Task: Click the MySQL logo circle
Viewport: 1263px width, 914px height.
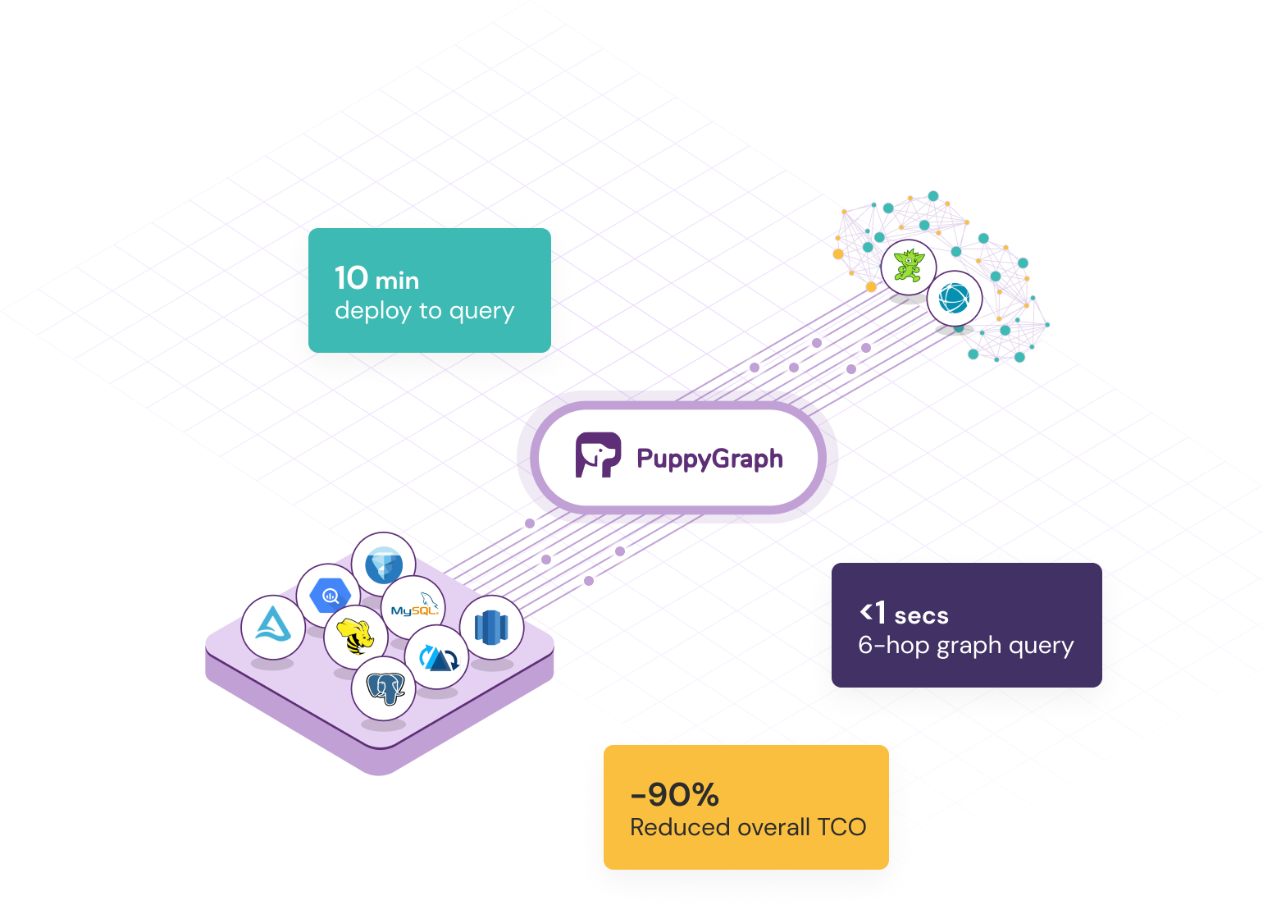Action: click(414, 608)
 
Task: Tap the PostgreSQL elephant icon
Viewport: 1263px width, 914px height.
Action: click(384, 688)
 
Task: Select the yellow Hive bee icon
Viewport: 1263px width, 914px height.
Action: click(355, 637)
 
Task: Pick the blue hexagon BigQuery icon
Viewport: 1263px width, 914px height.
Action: click(329, 595)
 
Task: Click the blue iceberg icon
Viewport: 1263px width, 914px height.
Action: click(383, 564)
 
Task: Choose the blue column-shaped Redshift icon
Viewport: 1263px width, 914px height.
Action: click(491, 628)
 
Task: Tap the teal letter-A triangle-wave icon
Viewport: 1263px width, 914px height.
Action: click(273, 627)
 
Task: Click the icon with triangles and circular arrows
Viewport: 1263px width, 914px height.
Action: click(436, 657)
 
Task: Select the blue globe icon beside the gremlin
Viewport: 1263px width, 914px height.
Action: click(955, 298)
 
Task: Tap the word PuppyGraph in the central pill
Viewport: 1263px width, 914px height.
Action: click(709, 458)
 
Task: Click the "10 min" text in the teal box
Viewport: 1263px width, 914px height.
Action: click(376, 279)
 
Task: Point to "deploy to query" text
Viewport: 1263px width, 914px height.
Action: click(424, 311)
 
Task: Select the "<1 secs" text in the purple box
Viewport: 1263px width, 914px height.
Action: click(904, 614)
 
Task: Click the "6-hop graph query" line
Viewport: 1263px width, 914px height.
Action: click(965, 646)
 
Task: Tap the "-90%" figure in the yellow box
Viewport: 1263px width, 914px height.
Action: click(674, 794)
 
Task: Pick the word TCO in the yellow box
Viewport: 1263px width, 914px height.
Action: click(841, 827)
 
